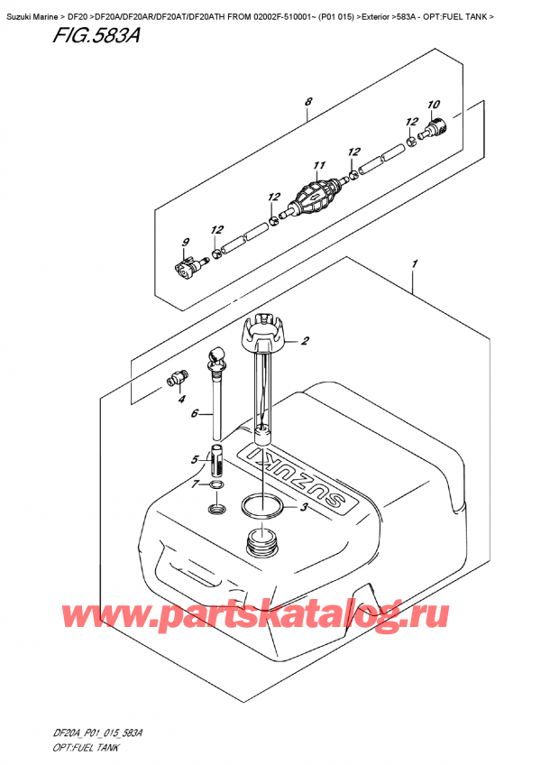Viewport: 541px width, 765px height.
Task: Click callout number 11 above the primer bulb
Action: click(x=317, y=166)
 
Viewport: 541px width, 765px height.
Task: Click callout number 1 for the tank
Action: click(x=413, y=263)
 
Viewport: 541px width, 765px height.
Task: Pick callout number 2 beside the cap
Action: click(x=305, y=341)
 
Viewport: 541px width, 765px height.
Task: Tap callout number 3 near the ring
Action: click(x=304, y=509)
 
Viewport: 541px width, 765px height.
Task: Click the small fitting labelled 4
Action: click(x=178, y=376)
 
